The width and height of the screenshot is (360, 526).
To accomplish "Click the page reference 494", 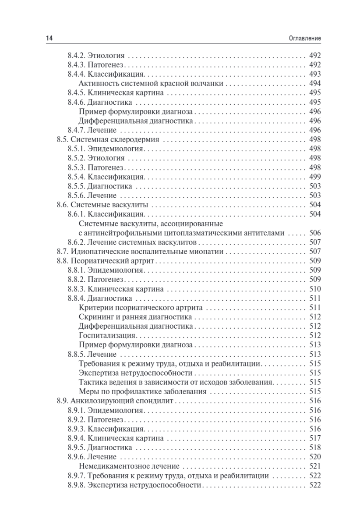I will tap(315, 83).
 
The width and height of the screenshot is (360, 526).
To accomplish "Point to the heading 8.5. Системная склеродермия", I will tap(107, 140).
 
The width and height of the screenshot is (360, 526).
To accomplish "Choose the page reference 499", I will tap(315, 177).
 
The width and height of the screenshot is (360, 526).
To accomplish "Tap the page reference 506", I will tap(315, 233).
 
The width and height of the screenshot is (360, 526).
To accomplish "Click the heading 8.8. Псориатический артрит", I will tap(107, 261).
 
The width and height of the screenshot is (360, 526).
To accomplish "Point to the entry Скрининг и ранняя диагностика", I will tap(135, 317).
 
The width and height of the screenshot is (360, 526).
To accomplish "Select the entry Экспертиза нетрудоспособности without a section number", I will tap(136, 373).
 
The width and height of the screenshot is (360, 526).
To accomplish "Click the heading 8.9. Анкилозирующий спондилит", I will tap(116, 401).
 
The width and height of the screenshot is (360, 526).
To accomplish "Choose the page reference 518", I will tap(315, 448).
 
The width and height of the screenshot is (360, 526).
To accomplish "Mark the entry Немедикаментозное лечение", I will tap(131, 466).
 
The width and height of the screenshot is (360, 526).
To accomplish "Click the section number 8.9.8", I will tap(77, 485).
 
